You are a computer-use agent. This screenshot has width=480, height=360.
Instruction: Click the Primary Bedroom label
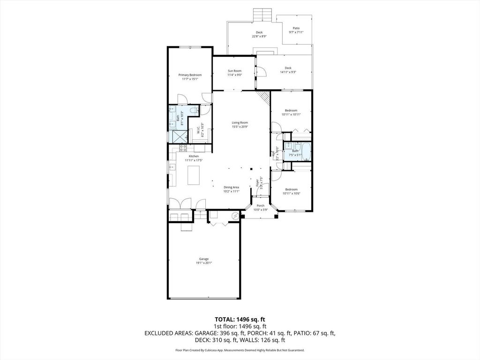(x=190, y=75)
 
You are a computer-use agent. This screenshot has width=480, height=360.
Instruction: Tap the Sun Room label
(x=234, y=71)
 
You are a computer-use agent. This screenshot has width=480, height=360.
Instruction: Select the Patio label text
(x=296, y=28)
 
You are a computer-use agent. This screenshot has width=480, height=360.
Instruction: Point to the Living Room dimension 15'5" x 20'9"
(x=240, y=127)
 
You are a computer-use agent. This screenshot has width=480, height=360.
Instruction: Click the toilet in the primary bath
(x=194, y=111)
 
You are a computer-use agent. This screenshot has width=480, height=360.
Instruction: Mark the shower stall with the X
(x=178, y=136)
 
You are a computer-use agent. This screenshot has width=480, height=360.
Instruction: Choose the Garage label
(x=203, y=259)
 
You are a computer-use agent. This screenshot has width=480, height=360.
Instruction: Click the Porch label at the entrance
(x=260, y=206)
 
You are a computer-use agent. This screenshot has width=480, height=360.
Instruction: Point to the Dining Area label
(x=231, y=187)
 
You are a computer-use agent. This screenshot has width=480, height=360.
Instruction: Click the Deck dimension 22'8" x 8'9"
(x=259, y=36)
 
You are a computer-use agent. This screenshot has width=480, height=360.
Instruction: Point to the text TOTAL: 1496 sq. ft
(x=240, y=319)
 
